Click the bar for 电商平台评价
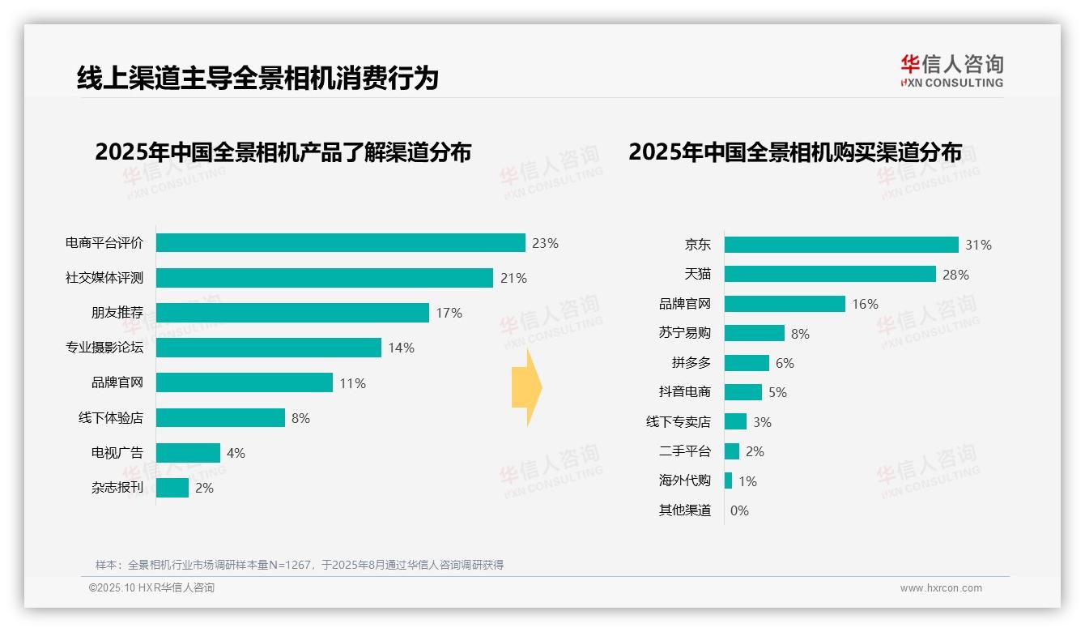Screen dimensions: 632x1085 tap(340, 243)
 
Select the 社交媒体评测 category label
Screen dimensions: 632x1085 tap(104, 278)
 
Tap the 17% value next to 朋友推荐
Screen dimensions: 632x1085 tap(449, 313)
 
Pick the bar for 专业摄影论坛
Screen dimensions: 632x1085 tap(268, 348)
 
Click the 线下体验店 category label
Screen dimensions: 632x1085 tap(111, 418)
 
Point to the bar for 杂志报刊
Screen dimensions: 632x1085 tap(172, 488)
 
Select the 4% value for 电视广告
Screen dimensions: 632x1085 tap(236, 453)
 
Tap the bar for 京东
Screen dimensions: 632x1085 tap(841, 245)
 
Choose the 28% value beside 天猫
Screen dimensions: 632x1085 tap(955, 275)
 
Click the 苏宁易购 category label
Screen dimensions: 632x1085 tap(685, 333)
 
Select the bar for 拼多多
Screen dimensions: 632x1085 tap(747, 363)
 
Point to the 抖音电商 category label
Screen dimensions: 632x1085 tap(685, 392)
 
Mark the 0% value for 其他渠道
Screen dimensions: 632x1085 tap(739, 510)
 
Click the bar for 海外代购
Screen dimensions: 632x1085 tap(728, 480)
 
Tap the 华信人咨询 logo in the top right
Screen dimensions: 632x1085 tap(951, 71)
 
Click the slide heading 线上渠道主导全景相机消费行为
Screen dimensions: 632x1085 tap(257, 78)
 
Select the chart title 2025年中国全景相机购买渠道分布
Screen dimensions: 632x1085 tap(795, 152)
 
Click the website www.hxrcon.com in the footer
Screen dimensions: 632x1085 tap(941, 588)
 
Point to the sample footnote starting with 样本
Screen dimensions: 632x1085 tap(300, 565)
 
